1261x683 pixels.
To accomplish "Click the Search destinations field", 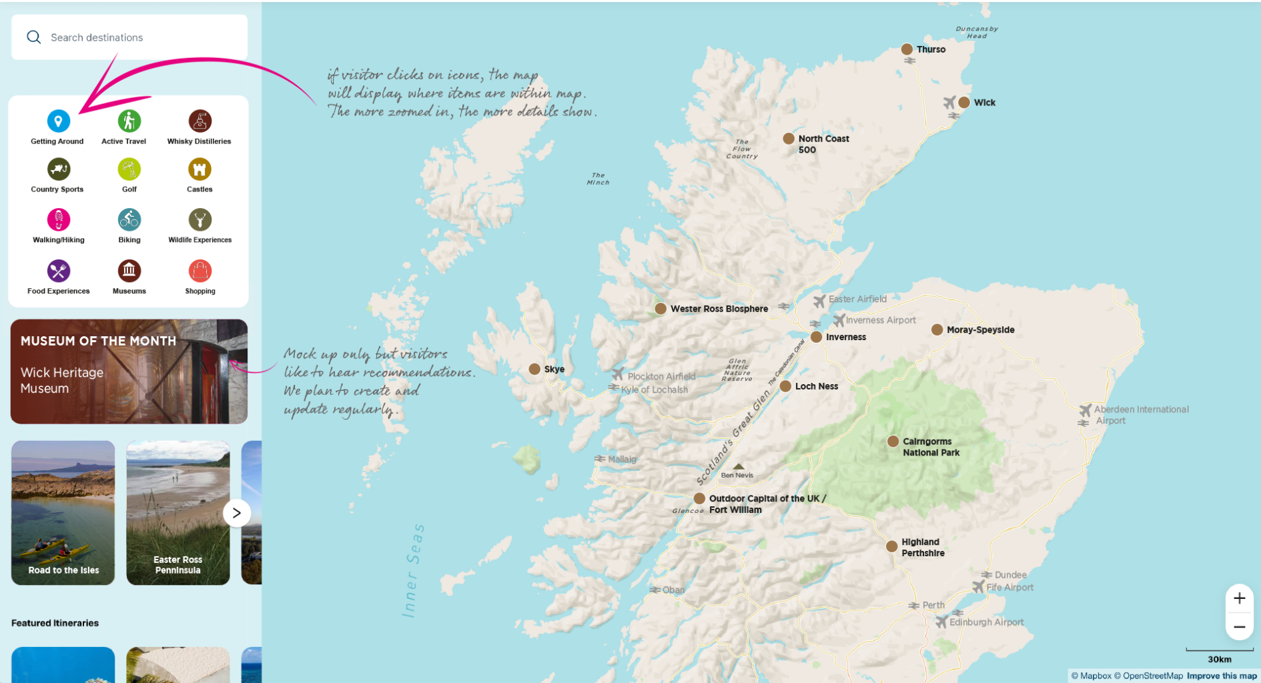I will pyautogui.click(x=129, y=37).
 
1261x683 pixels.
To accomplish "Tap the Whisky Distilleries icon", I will pyautogui.click(x=199, y=121).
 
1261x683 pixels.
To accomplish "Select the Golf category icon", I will pyautogui.click(x=129, y=169).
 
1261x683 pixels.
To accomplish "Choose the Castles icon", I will pyautogui.click(x=199, y=169).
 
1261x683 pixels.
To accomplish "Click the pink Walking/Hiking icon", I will pyautogui.click(x=59, y=219).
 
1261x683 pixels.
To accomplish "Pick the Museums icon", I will pyautogui.click(x=129, y=271).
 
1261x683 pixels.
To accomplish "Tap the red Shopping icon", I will pyautogui.click(x=199, y=271).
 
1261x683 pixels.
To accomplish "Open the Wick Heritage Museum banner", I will pyautogui.click(x=129, y=372).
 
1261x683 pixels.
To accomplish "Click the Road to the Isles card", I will pyautogui.click(x=63, y=512).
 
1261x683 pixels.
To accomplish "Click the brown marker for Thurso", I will pyautogui.click(x=907, y=49).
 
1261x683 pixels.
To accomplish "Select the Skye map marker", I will pyautogui.click(x=534, y=369).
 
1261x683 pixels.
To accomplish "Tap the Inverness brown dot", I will pyautogui.click(x=816, y=337).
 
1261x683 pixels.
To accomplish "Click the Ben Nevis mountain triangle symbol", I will pyautogui.click(x=738, y=466).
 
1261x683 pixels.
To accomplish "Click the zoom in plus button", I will pyautogui.click(x=1239, y=598).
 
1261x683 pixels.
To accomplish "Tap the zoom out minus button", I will pyautogui.click(x=1239, y=627).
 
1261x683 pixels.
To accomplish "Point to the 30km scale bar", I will pyautogui.click(x=1219, y=650).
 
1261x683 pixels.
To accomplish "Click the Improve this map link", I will pyautogui.click(x=1221, y=676).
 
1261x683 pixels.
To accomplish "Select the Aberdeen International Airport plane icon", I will pyautogui.click(x=1086, y=410).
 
